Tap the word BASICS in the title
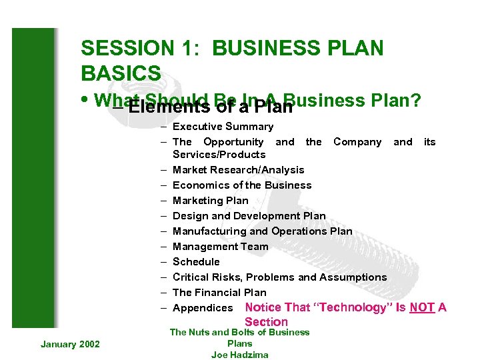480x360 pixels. (x=121, y=73)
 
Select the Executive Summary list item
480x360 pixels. (x=223, y=127)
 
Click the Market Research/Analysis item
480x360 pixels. (x=238, y=170)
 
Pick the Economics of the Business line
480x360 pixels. (x=242, y=185)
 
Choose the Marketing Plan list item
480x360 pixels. (x=210, y=201)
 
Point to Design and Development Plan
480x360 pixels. (x=249, y=216)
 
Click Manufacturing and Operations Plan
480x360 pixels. (x=262, y=231)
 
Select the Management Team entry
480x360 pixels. (x=220, y=247)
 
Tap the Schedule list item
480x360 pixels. (x=196, y=262)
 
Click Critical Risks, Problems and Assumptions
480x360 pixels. (x=279, y=277)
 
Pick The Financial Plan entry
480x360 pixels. (x=219, y=293)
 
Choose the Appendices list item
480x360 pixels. (x=203, y=308)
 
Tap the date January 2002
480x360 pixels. (x=70, y=344)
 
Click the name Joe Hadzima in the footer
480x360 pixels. (x=239, y=355)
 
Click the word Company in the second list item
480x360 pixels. (x=357, y=142)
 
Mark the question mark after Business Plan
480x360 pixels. (x=415, y=100)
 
